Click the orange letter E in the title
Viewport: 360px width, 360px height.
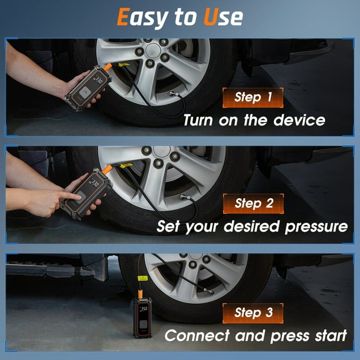coord(123,17)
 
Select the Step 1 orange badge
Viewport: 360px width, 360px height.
coord(253,97)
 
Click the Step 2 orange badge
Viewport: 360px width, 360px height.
coord(253,203)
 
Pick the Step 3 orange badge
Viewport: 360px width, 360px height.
coord(253,313)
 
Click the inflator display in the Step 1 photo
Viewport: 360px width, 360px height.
coord(98,80)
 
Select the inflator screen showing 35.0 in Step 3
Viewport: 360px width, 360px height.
coord(144,310)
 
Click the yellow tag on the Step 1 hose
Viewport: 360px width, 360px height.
coord(123,65)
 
